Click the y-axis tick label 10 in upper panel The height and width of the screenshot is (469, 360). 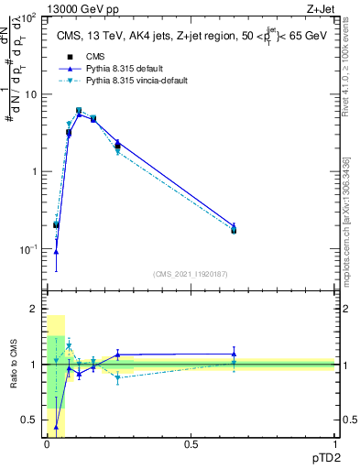[30, 94]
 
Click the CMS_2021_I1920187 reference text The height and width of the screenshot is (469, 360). [191, 274]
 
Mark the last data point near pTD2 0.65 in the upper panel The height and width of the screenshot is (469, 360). [234, 229]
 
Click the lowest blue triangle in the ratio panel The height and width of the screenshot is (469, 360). [57, 427]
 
